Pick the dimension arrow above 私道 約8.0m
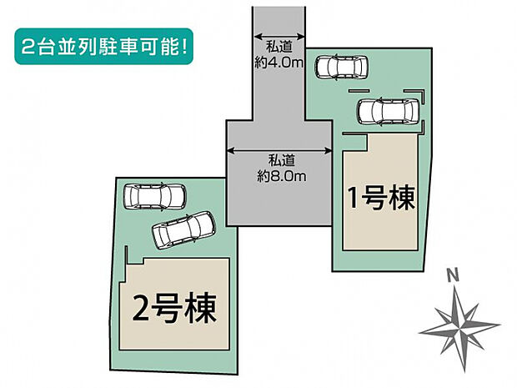click(279, 150)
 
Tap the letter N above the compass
click(451, 275)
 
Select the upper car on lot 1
click(342, 66)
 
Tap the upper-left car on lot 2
click(153, 197)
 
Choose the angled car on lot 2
click(183, 228)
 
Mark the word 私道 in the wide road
click(279, 161)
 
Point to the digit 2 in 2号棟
click(138, 311)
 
